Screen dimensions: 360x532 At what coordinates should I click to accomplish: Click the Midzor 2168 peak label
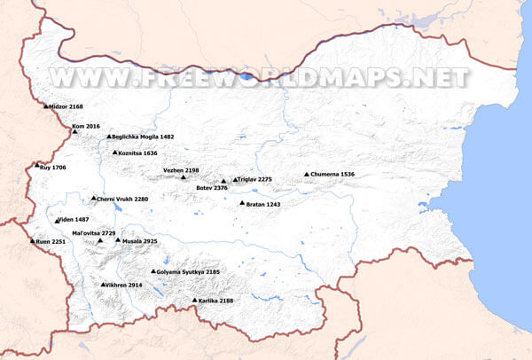67,106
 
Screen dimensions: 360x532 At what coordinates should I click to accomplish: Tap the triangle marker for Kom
75,132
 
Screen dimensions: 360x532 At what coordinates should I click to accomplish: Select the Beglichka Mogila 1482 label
143,137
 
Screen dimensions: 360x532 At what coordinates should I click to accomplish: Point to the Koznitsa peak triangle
114,153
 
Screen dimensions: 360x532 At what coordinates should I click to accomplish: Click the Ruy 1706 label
53,167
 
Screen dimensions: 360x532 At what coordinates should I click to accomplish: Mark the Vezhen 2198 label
181,170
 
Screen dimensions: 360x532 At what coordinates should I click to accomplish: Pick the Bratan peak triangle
242,203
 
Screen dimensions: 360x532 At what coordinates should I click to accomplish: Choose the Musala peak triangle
118,239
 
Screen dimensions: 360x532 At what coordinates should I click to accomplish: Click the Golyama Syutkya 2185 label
192,272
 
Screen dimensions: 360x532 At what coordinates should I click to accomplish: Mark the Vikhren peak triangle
103,285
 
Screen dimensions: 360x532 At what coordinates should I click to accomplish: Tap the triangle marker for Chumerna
307,175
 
